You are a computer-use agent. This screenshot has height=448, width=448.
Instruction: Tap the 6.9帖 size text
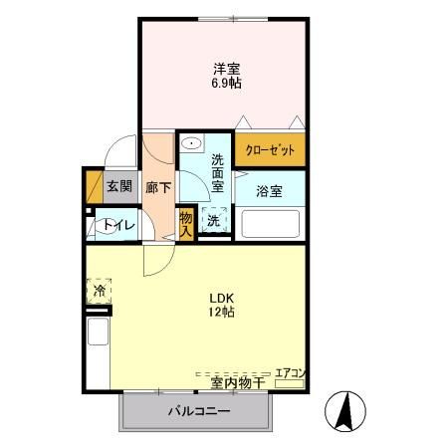point(226,84)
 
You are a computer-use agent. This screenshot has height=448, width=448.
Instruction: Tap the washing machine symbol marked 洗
point(213,221)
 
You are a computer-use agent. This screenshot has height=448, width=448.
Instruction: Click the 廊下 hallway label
point(156,186)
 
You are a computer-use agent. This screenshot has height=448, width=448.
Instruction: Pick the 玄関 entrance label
point(118,186)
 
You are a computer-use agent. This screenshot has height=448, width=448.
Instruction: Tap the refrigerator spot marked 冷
point(100,291)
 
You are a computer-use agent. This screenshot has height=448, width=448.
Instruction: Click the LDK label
point(221,297)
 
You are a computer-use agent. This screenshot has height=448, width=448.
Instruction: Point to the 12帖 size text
point(221,313)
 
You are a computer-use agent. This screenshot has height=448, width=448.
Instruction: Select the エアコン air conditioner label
point(290,372)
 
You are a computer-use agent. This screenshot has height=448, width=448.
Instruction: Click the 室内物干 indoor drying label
point(237,381)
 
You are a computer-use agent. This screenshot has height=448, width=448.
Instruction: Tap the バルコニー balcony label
point(198,411)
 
